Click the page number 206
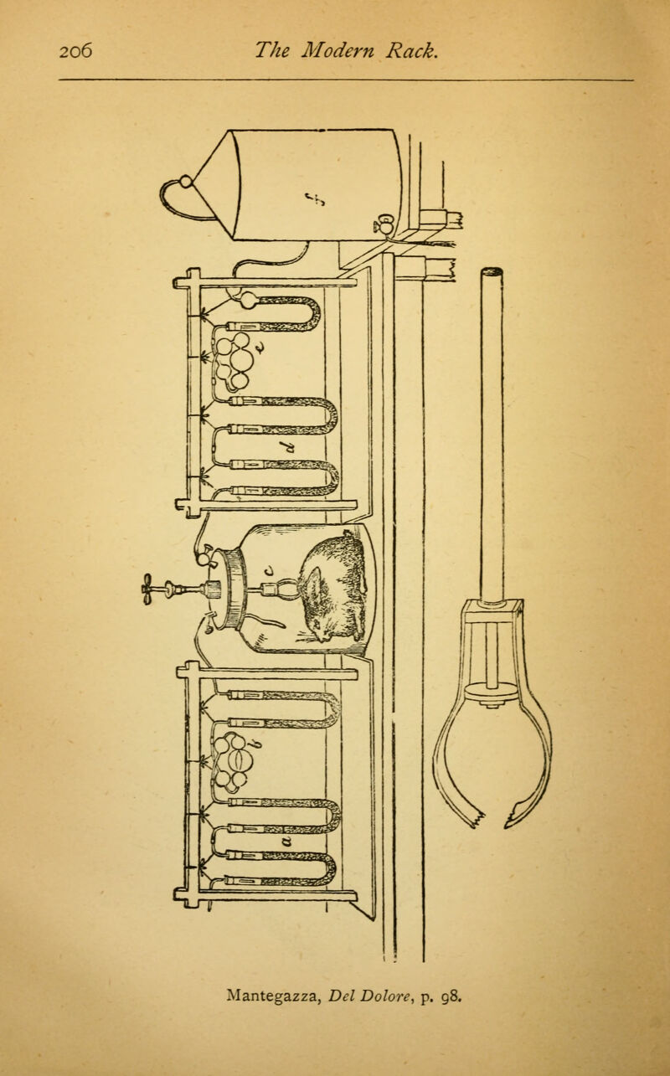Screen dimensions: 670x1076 [x=75, y=50]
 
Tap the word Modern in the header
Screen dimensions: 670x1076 [x=338, y=50]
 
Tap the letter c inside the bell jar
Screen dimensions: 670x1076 [x=270, y=571]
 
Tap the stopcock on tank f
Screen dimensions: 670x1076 [x=384, y=224]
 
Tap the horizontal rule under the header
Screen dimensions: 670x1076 [x=346, y=80]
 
